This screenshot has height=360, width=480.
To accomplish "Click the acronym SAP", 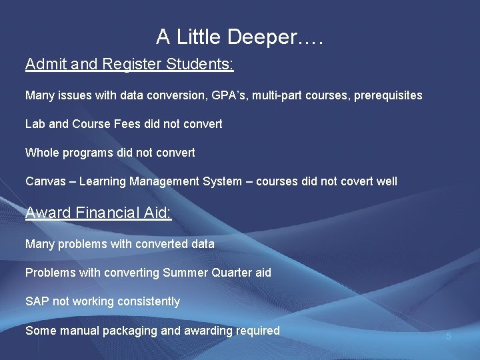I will click(37, 301).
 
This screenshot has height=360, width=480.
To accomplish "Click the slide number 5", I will click(449, 337).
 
